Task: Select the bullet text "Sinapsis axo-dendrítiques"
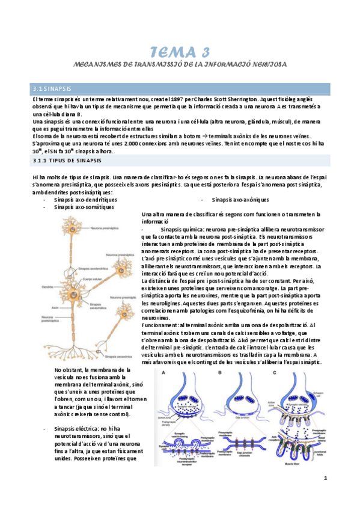point(85,199)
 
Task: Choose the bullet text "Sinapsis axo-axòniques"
point(240,199)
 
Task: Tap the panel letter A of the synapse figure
point(163,373)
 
